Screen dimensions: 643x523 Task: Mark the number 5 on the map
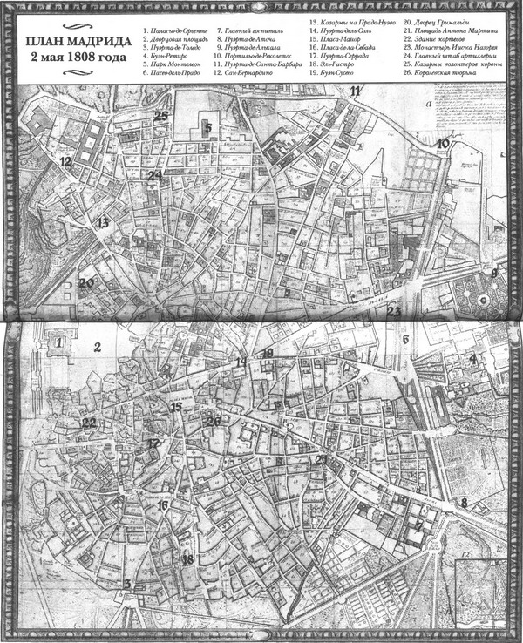(208, 127)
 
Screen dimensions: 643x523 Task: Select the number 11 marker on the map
(355, 91)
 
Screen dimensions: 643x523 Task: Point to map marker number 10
(443, 144)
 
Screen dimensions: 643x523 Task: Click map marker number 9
(494, 273)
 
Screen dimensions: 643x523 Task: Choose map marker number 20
(85, 282)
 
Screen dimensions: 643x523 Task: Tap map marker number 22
(89, 423)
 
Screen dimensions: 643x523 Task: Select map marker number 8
(465, 503)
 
